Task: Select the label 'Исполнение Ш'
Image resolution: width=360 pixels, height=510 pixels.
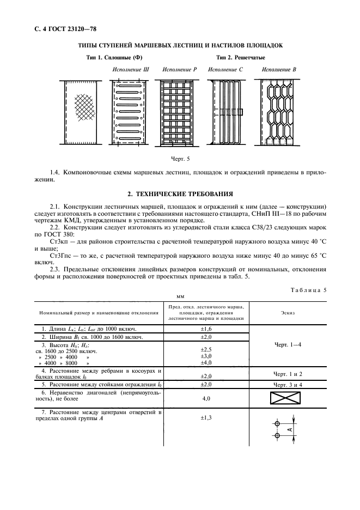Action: coord(131,70)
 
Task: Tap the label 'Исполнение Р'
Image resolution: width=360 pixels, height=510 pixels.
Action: coord(180,70)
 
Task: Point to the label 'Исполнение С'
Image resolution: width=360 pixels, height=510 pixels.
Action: coord(225,70)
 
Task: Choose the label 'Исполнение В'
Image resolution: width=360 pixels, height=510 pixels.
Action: coord(278,70)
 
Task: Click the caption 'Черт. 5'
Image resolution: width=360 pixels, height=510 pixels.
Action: coord(180,160)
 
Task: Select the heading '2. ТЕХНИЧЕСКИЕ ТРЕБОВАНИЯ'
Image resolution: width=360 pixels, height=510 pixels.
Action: coord(180,193)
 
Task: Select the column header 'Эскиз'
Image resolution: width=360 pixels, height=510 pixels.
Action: coord(289,313)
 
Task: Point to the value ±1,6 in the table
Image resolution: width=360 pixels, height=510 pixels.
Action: coord(206,330)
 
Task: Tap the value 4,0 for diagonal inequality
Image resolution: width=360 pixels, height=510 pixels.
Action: coord(206,399)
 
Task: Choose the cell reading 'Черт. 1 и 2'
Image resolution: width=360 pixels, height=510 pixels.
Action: coord(289,374)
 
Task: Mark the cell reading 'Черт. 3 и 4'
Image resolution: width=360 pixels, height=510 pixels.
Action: coord(289,385)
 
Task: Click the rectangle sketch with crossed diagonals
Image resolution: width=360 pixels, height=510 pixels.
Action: coord(289,399)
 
